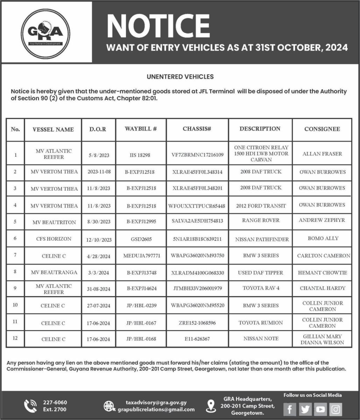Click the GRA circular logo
click(45, 33)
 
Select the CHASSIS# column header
click(197, 129)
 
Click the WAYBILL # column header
click(141, 129)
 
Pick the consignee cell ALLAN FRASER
click(322, 154)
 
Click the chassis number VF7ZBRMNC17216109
click(197, 154)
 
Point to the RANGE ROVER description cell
click(261, 220)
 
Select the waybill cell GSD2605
click(141, 239)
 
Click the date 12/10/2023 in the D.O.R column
click(99, 240)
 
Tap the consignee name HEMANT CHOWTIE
click(322, 273)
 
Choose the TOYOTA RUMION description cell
click(261, 323)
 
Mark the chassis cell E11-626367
click(197, 339)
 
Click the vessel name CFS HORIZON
click(54, 239)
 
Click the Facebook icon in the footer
click(290, 409)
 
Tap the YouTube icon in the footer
click(320, 409)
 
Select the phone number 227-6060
click(55, 402)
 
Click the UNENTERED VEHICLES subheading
click(180, 76)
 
